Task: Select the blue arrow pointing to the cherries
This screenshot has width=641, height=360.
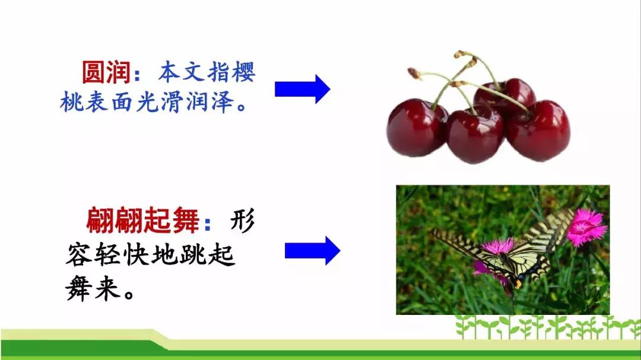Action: pyautogui.click(x=303, y=89)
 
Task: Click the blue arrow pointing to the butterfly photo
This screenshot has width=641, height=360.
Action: pyautogui.click(x=313, y=250)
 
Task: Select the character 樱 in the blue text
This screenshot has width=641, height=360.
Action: pyautogui.click(x=243, y=72)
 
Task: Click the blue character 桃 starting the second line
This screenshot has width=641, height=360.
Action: pyautogui.click(x=72, y=101)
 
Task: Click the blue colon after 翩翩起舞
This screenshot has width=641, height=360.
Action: pyautogui.click(x=208, y=223)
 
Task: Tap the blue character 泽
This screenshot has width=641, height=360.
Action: pyautogui.click(x=223, y=101)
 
